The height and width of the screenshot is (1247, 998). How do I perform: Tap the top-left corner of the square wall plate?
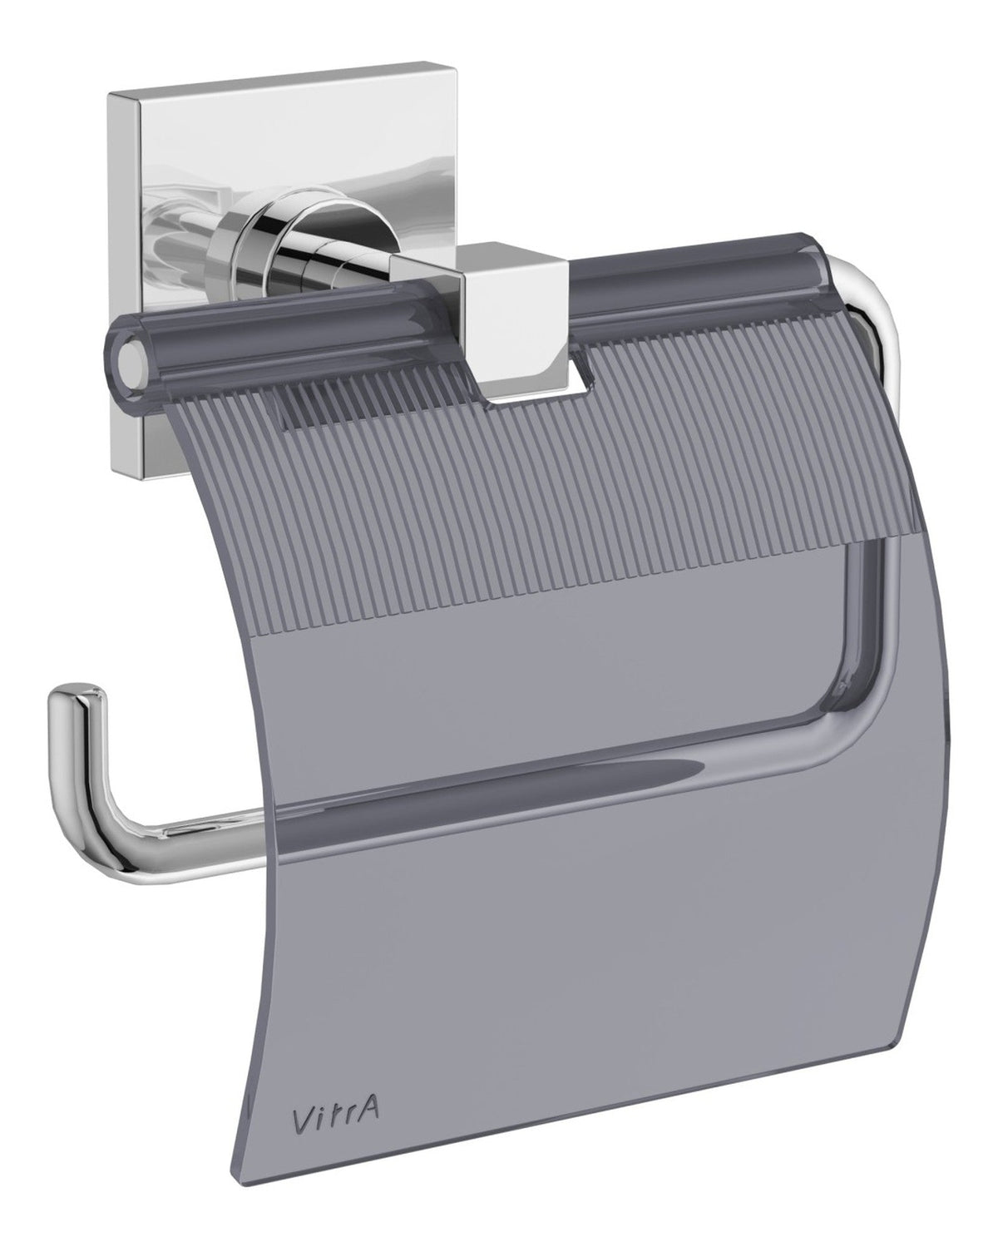point(112,100)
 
